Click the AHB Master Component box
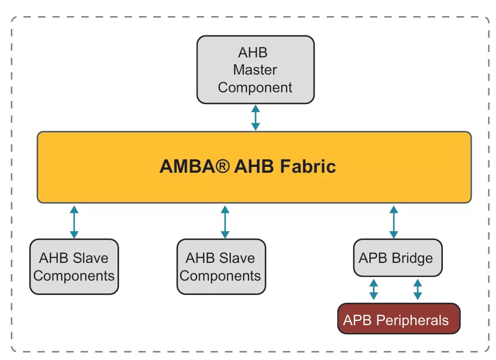256,69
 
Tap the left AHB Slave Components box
74,267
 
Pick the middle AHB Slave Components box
221,267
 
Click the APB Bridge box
396,258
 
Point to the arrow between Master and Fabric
256,118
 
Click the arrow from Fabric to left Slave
74,221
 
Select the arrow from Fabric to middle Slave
225,221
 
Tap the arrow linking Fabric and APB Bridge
393,221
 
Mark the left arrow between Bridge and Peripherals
374,289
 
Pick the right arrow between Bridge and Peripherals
417,289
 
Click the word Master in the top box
255,70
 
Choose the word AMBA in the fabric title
186,166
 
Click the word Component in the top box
256,87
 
